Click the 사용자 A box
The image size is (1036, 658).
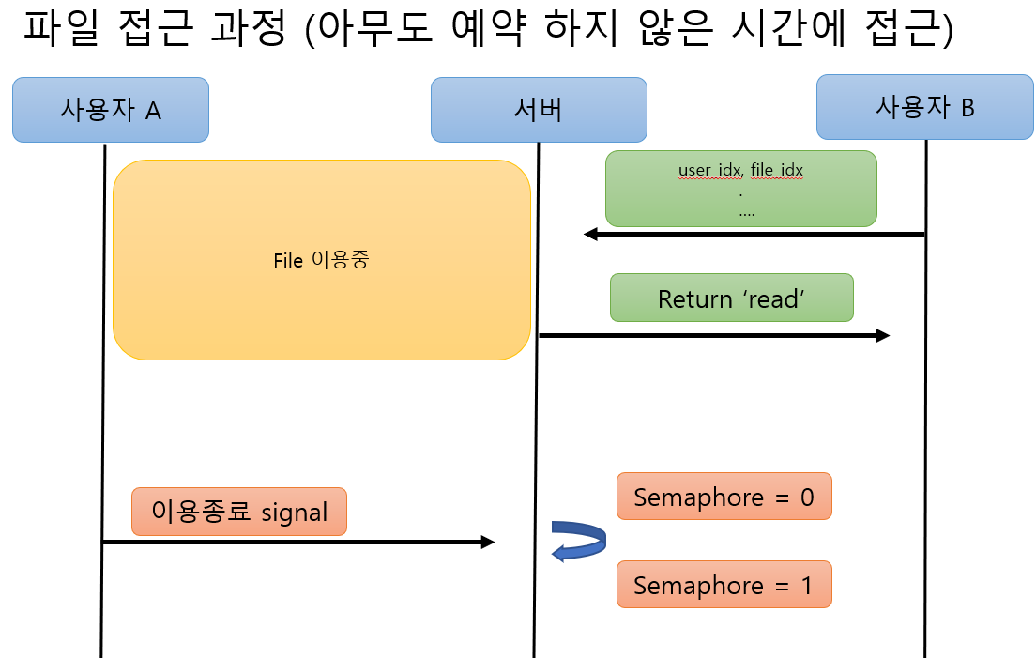click(111, 110)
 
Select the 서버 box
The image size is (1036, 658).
click(539, 110)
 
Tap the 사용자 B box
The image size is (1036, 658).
click(924, 107)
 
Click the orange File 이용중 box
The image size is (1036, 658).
click(321, 260)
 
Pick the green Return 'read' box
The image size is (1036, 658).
click(732, 298)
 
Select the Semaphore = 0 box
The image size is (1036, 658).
click(724, 497)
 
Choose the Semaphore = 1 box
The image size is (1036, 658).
click(724, 586)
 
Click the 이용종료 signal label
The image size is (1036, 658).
click(239, 512)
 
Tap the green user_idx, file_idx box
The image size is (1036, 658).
click(740, 189)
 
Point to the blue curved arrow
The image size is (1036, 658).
click(578, 541)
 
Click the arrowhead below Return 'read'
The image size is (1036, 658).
click(882, 335)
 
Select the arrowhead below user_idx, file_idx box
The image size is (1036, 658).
click(591, 234)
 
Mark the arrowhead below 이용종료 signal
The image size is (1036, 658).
click(487, 542)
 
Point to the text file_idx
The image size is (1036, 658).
click(777, 171)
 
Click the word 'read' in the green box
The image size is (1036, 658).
click(773, 299)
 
